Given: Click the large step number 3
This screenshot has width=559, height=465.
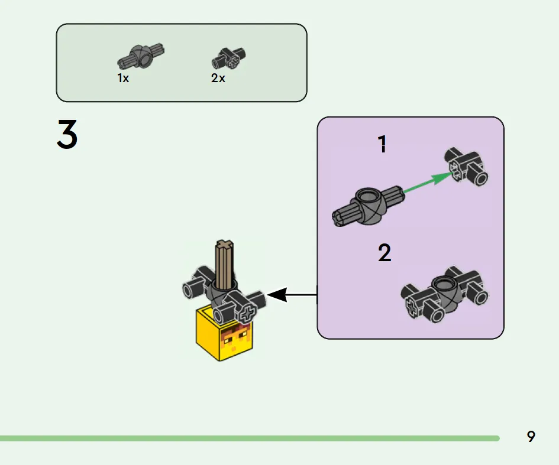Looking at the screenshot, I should coord(67,134).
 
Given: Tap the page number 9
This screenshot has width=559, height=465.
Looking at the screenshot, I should coord(531,437).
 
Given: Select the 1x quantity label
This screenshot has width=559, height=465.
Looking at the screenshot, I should coord(123,78).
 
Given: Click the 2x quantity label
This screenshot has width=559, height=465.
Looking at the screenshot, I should coord(218,78).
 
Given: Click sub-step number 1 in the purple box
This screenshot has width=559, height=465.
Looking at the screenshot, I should coord(383,144).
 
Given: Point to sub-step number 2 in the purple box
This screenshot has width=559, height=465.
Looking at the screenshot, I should coord(384,253).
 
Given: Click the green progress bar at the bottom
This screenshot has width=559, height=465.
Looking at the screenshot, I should coord(248,438).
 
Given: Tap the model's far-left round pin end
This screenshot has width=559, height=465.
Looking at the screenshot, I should coord(190,290).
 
